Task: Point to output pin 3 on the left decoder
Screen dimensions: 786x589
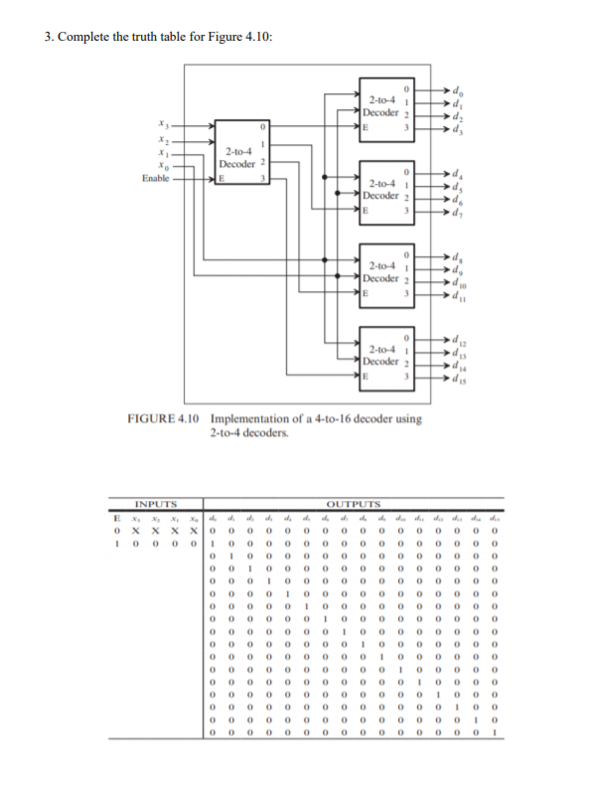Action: [x=262, y=179]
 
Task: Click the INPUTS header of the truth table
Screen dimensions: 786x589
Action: [x=156, y=504]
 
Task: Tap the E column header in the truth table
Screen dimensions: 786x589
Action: [x=117, y=517]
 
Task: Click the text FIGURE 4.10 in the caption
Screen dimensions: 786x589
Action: [x=166, y=418]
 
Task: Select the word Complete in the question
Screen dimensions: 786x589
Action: [x=81, y=37]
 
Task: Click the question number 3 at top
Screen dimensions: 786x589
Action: [x=48, y=37]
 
